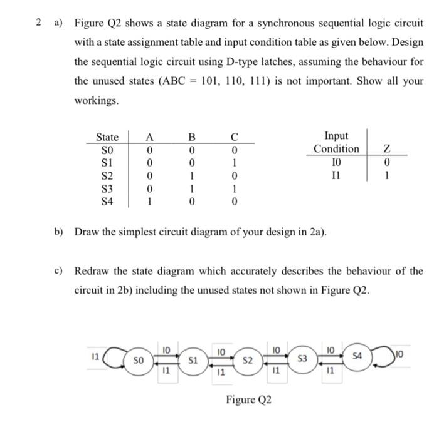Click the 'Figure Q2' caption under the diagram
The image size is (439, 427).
point(250,399)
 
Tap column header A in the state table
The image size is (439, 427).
point(149,137)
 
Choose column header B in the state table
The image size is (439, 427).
point(193,137)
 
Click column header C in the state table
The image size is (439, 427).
point(234,137)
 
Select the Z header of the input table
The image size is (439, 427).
point(387,148)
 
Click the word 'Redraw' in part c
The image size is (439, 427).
point(92,272)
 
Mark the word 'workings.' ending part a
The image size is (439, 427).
point(96,101)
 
